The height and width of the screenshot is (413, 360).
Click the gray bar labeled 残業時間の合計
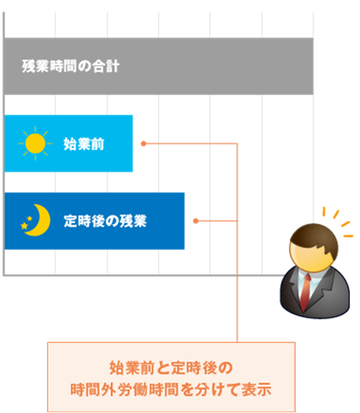159,66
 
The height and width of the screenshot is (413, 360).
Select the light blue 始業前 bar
68,144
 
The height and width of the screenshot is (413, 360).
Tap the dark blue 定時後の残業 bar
94,221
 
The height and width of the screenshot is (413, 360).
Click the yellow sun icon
36,144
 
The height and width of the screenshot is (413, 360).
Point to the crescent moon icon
39,220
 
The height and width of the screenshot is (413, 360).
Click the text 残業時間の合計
70,66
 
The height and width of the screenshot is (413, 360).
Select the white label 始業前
84,144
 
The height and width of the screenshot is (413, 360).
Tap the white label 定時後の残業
105,221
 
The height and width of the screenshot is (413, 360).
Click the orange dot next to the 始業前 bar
144,144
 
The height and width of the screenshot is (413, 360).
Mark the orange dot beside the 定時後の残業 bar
196,221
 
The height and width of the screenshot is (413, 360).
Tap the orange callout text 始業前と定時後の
171,368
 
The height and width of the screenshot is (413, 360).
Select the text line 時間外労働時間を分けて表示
171,390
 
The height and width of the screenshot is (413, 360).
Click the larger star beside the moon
24,226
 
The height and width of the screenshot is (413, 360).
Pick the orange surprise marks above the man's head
338,222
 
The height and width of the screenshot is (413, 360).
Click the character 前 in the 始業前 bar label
97,144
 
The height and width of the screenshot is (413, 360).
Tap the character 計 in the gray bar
113,66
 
